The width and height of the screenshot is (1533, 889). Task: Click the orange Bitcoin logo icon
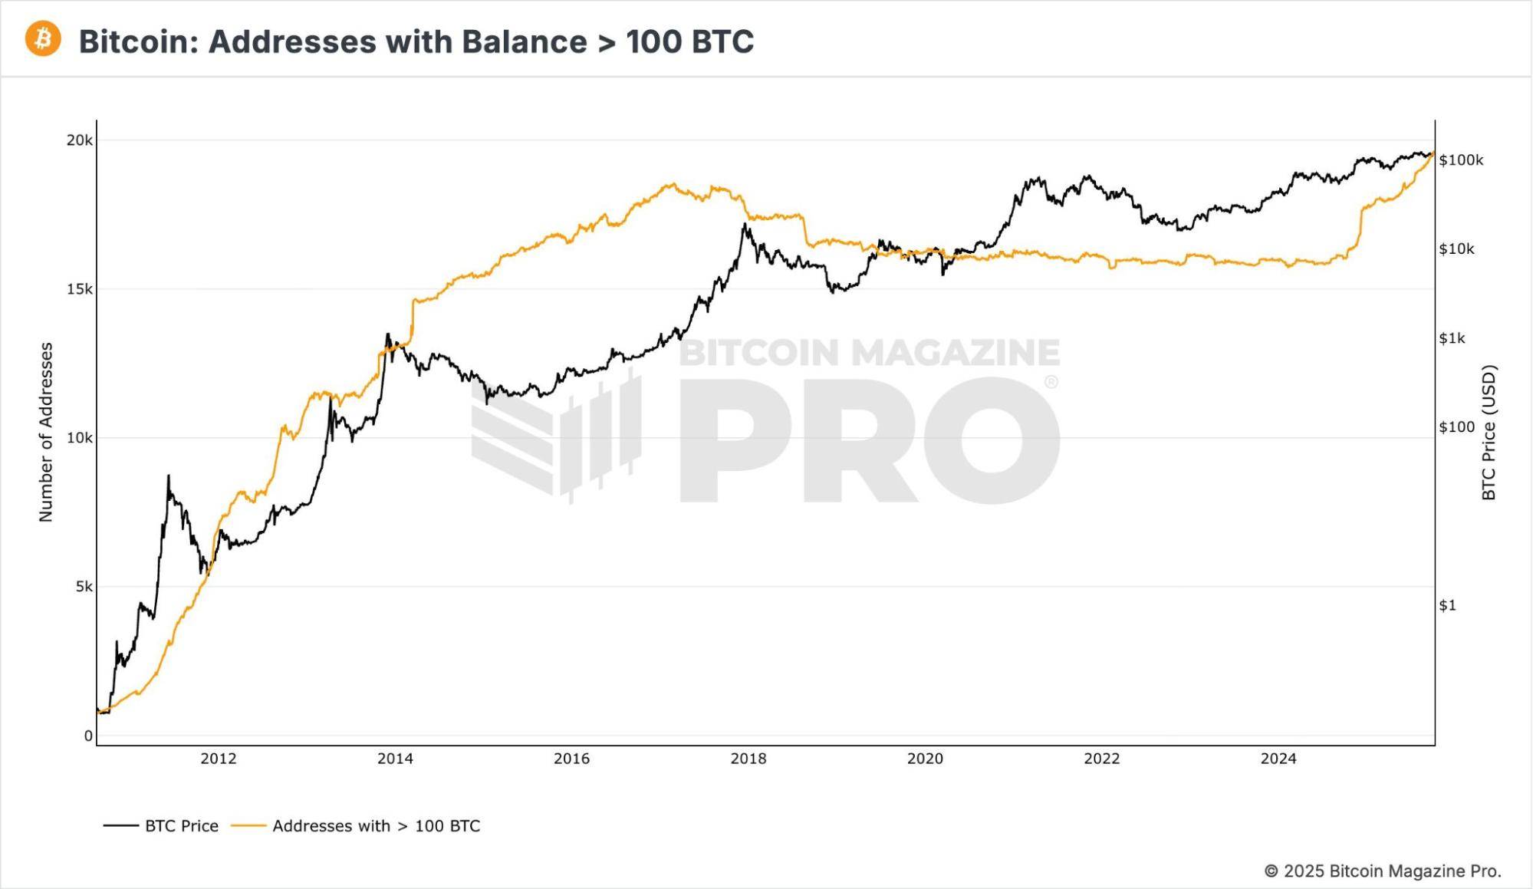pos(43,39)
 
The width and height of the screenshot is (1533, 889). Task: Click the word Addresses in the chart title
pos(292,41)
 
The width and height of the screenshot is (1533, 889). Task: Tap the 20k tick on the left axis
pos(79,140)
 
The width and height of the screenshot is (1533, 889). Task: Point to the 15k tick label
pos(79,289)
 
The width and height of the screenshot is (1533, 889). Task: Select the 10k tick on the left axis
pos(79,438)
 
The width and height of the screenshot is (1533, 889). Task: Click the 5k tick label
pos(84,587)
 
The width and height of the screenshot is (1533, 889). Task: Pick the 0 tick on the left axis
pos(88,736)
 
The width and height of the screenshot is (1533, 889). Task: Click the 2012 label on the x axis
pos(219,759)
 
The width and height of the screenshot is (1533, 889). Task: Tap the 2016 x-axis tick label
pos(571,759)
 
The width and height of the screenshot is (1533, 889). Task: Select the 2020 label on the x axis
pos(925,759)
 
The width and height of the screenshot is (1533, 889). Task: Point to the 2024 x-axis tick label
pos(1278,759)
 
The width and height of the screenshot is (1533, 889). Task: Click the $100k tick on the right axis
pos(1461,160)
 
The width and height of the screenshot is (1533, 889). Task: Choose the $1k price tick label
pos(1452,338)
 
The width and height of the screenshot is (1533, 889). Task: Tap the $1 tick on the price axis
pos(1447,605)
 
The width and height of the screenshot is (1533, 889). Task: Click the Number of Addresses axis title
pos(46,433)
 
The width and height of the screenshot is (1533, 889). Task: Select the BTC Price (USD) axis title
pos(1489,433)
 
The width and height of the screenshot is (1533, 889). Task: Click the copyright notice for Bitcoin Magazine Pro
pos(1382,871)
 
